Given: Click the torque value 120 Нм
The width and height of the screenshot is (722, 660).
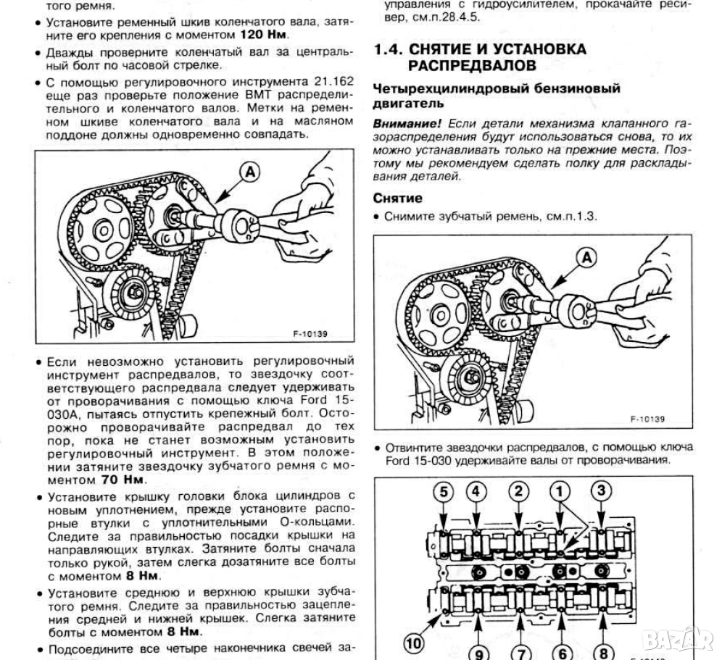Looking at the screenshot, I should coord(262,34).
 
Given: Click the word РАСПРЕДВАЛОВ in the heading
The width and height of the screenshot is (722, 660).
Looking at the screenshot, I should coord(473,66).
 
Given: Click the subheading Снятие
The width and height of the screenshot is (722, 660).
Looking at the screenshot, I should coord(397,198).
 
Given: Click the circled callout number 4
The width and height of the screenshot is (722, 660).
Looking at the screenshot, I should coord(476,491).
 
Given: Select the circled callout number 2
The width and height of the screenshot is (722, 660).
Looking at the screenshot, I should coord(518,491).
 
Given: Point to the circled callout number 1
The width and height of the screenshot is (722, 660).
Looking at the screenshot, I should coord(560,491).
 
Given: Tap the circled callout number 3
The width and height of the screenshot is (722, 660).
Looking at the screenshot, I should coord(601,491).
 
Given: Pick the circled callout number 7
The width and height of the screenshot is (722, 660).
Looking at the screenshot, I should coord(520,652).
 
